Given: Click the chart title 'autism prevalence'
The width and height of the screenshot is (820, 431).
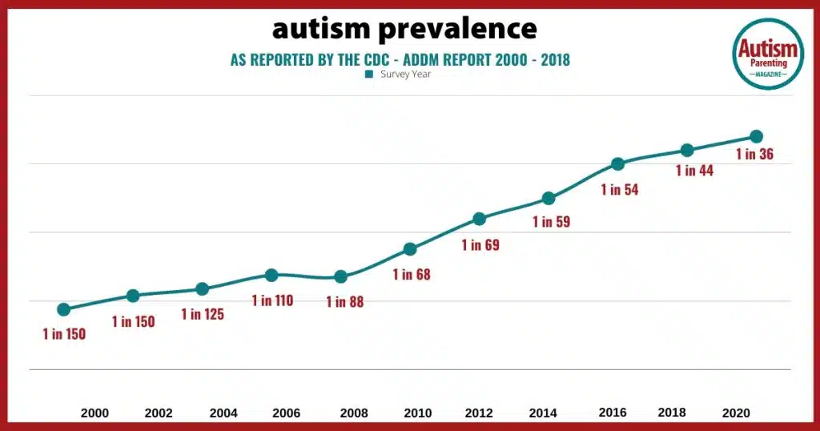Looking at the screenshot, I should (404, 29).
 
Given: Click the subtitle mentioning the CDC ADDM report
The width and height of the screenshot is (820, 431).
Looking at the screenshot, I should (400, 59).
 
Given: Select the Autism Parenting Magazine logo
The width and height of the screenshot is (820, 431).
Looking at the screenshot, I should (769, 54).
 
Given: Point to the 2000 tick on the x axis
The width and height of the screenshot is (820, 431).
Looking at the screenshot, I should (94, 413).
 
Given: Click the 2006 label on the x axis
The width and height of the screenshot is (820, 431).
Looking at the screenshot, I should (286, 413).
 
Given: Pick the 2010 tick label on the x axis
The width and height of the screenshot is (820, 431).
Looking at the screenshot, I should (417, 413).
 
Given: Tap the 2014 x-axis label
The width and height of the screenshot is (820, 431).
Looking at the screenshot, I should (545, 413).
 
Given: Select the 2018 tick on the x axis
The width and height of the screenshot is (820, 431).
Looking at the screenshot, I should (672, 413).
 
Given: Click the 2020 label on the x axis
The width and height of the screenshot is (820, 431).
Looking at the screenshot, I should (737, 413).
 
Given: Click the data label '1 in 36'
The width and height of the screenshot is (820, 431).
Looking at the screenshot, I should (754, 155).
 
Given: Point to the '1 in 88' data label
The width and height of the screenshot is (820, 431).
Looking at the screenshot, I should (344, 302).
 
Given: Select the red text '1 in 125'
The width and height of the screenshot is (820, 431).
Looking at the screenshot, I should (203, 314).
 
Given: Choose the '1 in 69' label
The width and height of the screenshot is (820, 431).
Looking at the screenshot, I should (480, 245).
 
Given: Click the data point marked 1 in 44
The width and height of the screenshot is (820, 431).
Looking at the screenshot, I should (686, 151).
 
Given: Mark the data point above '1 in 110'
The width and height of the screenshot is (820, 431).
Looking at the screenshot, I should (271, 275).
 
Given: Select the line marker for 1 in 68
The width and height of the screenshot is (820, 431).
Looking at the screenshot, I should (410, 249).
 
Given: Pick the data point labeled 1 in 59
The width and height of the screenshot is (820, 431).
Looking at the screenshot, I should (549, 198).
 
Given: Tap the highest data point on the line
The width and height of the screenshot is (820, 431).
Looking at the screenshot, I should (755, 136).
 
